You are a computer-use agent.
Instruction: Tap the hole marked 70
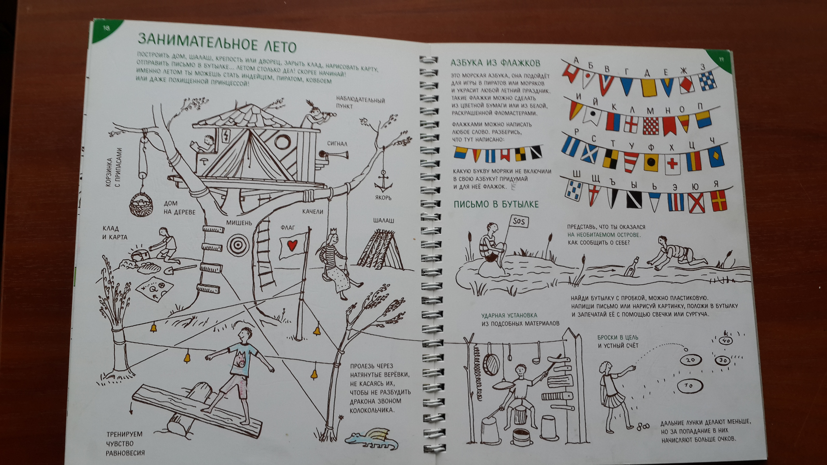pyautogui.click(x=689, y=385)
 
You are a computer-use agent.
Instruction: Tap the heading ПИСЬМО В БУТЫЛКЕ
pyautogui.click(x=496, y=204)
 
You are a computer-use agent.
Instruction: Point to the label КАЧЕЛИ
pyautogui.click(x=312, y=211)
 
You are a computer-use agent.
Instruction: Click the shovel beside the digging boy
pyautogui.click(x=180, y=270)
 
